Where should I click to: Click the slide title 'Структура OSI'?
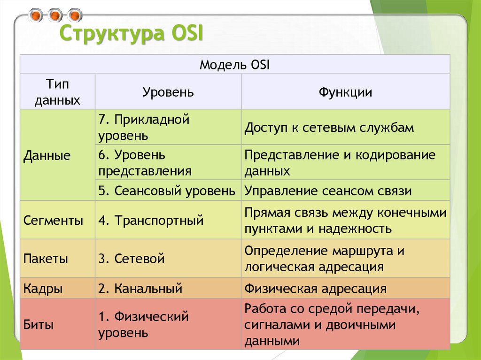(130, 35)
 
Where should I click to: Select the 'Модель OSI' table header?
(234, 64)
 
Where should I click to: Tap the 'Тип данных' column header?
(57, 92)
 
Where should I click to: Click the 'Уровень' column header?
(168, 92)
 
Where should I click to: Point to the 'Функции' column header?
(345, 92)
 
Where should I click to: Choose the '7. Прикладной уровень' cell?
(143, 127)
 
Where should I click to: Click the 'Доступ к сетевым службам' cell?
(329, 127)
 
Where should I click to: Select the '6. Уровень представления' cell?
(145, 162)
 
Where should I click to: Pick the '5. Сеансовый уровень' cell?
(167, 191)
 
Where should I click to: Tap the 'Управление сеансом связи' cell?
(328, 191)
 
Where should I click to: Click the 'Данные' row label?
(47, 155)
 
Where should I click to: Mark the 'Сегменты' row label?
(53, 220)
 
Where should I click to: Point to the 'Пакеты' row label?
(46, 258)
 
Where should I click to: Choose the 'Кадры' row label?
(43, 288)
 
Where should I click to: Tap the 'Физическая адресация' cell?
(315, 288)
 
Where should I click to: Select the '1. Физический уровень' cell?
(143, 325)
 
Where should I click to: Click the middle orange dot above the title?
(55, 15)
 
